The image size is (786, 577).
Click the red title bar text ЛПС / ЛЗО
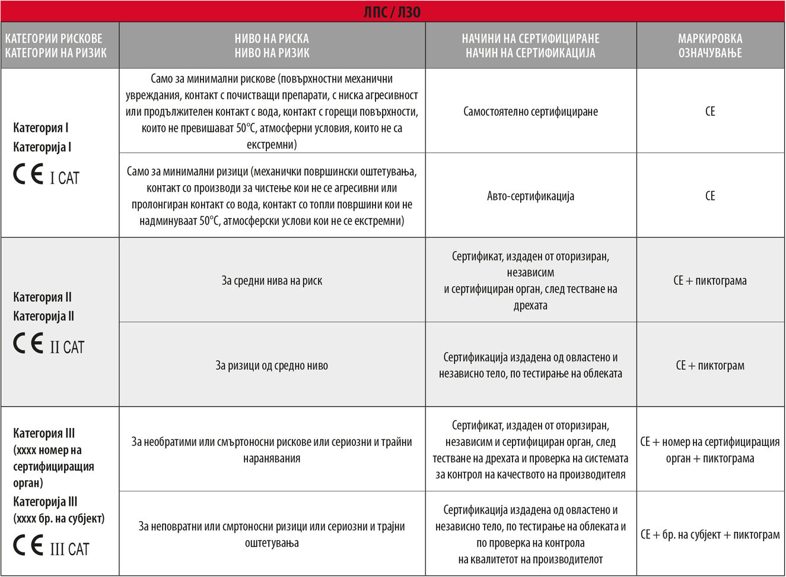tap(392, 12)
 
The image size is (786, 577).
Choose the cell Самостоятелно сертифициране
tap(530, 112)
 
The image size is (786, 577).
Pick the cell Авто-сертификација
tap(530, 196)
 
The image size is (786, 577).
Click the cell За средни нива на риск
tap(272, 281)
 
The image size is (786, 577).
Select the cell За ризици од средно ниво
tap(272, 366)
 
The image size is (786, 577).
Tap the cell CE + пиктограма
tap(710, 281)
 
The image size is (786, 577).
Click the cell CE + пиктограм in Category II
tap(710, 366)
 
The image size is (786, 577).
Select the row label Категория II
tap(43, 297)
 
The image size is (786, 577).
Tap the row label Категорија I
tap(42, 147)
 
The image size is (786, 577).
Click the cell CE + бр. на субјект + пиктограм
tap(710, 535)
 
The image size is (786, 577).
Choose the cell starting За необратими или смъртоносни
tap(272, 450)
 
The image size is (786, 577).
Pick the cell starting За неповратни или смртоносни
tap(272, 534)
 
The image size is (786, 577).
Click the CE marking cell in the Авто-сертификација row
tap(710, 196)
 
